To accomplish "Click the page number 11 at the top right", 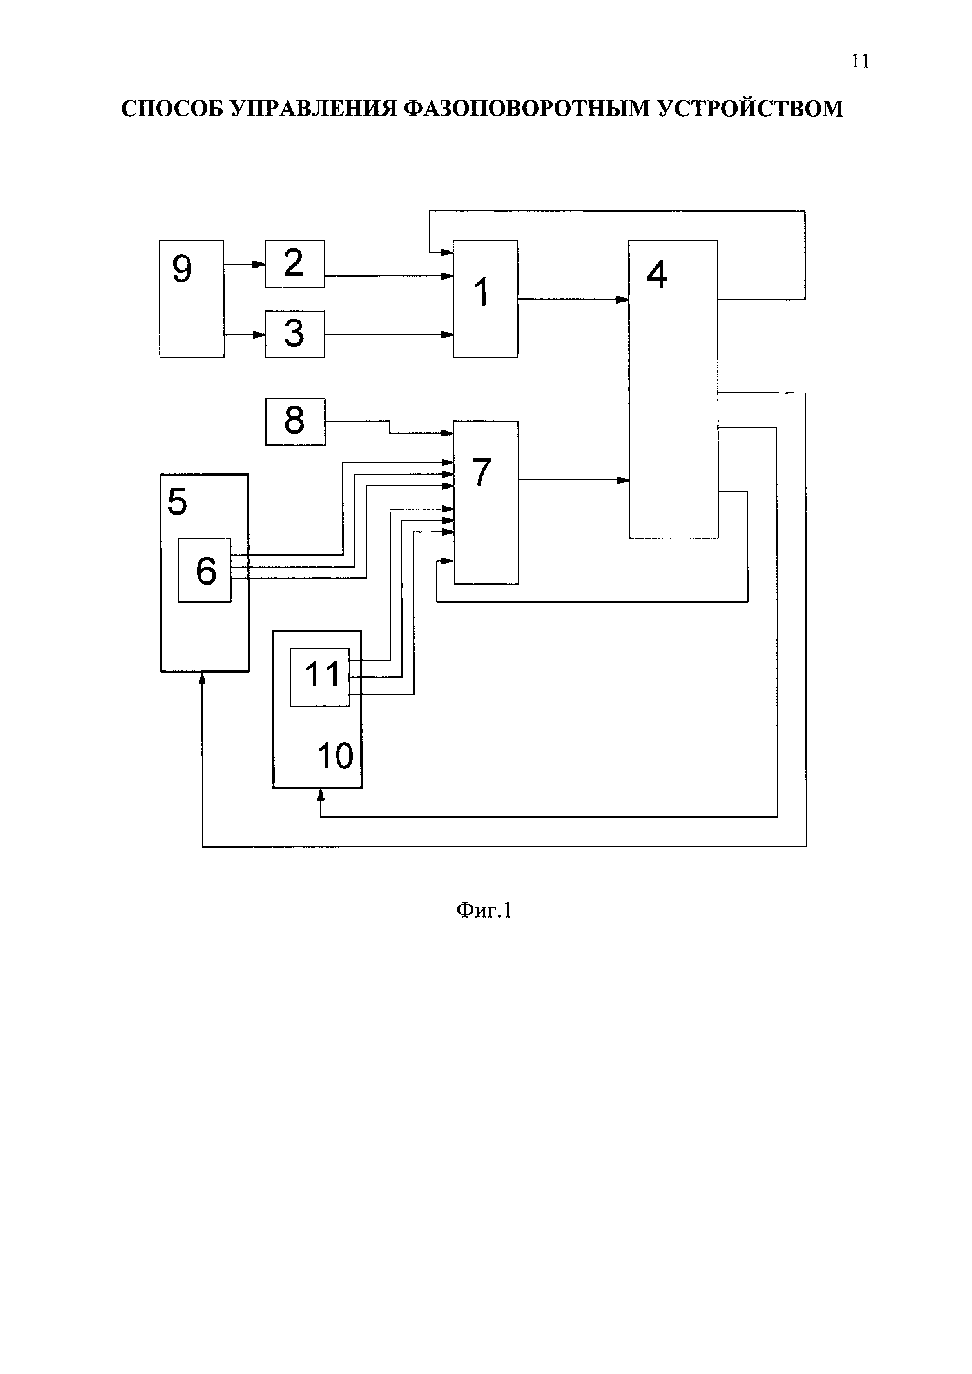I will (860, 61).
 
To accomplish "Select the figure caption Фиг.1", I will (484, 910).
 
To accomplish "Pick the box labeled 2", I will (294, 264).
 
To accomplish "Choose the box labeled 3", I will (294, 334).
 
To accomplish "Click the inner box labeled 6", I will (205, 570).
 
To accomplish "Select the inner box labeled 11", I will (319, 677).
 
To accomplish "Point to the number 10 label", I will (335, 756).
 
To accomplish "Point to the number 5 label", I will (177, 501).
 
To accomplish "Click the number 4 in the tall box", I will (656, 275).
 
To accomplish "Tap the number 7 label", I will (482, 472).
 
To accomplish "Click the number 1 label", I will (481, 293).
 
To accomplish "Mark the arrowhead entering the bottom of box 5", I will (202, 677).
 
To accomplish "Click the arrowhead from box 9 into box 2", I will (259, 264).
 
